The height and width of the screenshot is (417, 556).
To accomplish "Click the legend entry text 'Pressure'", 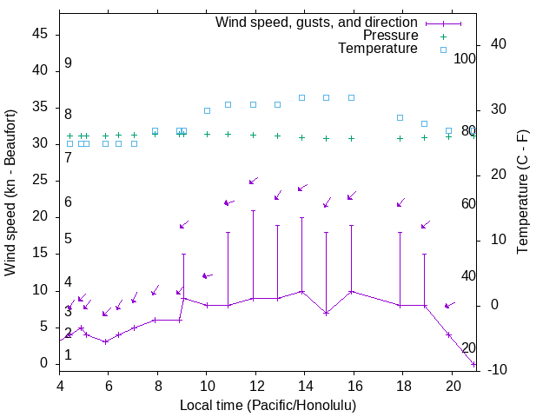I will (x=390, y=36).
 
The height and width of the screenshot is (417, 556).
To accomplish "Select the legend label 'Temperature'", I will (x=378, y=49).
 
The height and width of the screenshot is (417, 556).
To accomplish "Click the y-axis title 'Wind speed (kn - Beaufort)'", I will (x=10, y=193).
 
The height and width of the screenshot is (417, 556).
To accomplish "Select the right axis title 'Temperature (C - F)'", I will (x=522, y=192).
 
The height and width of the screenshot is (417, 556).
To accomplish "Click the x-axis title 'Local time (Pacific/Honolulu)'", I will (x=268, y=405).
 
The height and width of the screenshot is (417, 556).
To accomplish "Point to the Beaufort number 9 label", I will (x=68, y=64).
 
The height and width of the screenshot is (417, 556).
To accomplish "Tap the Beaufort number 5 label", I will (x=68, y=239).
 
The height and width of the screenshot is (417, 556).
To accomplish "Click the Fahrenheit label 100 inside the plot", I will (x=466, y=59).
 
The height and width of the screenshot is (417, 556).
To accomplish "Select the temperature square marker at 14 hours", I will (x=302, y=97).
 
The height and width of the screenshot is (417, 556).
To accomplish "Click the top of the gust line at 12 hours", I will (x=254, y=211).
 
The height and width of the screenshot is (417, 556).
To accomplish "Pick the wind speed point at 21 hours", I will (x=473, y=363).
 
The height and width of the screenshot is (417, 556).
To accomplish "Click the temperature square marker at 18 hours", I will (x=400, y=117).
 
